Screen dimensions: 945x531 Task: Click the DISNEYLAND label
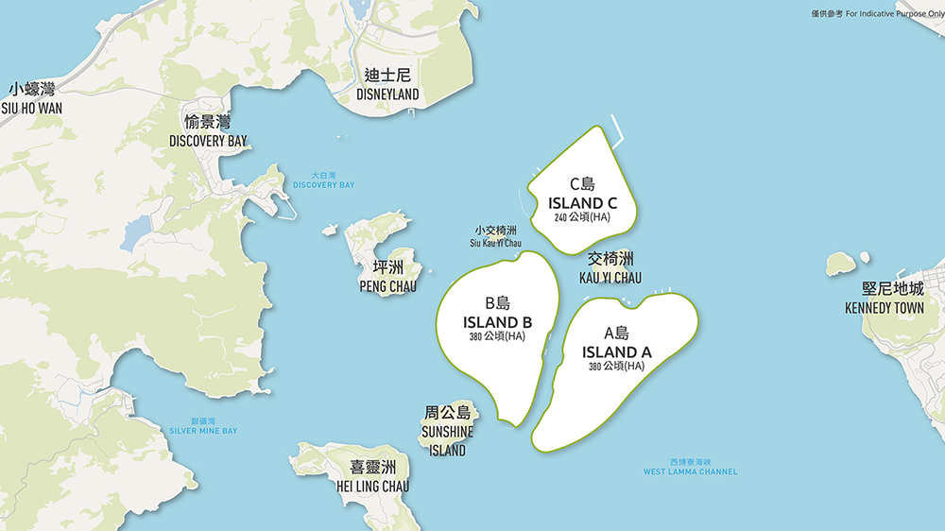pos(387,94)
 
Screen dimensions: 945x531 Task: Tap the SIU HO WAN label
pos(31,108)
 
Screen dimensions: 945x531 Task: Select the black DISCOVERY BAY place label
pos(208,141)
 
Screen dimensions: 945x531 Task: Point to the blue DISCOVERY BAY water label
pos(323,184)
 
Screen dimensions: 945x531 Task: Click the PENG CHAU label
pos(387,286)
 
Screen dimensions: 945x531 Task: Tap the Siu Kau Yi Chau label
pos(495,243)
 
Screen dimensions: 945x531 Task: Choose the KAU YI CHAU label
pos(610,278)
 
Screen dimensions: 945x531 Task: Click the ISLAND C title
pos(582,203)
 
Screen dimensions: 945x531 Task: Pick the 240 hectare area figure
pos(582,218)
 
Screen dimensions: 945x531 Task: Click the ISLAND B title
pos(497,322)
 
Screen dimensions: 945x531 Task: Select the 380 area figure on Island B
pos(497,336)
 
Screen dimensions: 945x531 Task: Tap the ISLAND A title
pos(616,352)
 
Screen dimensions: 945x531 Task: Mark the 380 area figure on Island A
pos(616,367)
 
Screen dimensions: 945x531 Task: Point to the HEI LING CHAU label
pos(372,486)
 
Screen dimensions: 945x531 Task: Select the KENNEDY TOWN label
pos(884,308)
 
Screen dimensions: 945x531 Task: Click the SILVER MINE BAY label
pos(203,431)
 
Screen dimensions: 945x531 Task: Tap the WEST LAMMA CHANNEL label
pos(690,471)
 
